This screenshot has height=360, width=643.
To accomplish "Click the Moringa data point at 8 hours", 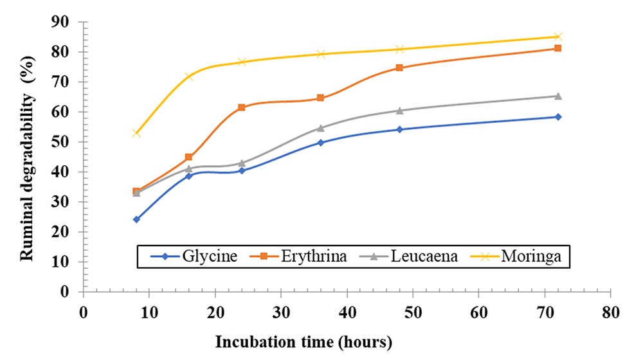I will [136, 132].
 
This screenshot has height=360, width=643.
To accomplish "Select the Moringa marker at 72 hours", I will [558, 37].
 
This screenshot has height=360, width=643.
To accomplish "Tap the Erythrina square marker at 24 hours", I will [242, 107].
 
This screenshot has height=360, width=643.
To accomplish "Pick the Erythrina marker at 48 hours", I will [399, 67].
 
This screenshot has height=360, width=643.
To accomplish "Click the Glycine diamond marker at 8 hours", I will [136, 219].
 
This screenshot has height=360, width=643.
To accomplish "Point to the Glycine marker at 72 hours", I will [558, 117].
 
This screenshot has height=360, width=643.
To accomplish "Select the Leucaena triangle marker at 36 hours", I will [320, 128].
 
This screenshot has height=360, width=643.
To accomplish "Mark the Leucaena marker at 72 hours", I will [558, 96].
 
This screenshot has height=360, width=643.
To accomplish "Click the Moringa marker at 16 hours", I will [189, 76].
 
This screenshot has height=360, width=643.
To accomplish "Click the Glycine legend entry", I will [194, 256].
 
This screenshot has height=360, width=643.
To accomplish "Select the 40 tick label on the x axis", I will [347, 312].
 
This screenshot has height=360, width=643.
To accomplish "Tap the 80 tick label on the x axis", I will [610, 312].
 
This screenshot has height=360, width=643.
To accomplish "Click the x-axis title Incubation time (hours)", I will [304, 342].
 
